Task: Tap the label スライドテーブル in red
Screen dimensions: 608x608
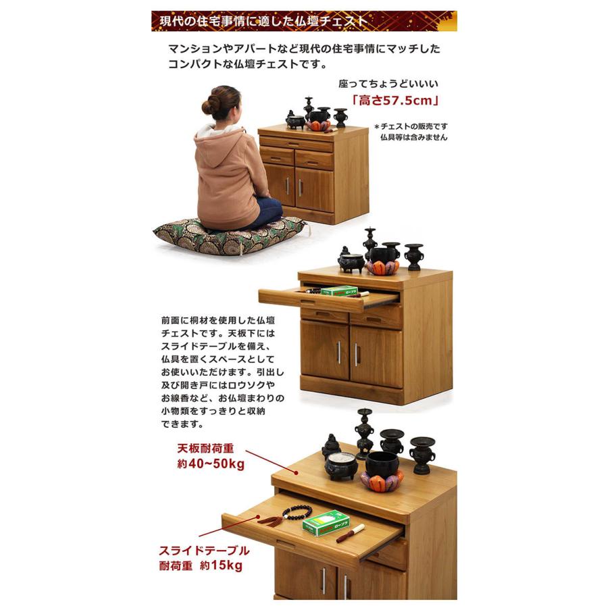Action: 203,550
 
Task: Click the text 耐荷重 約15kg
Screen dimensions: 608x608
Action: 200,566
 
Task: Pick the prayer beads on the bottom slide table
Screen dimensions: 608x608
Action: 290,514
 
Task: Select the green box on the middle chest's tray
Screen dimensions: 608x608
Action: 339,291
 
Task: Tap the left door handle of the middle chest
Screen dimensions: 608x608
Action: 338,352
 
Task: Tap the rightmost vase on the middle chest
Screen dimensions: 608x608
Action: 413,256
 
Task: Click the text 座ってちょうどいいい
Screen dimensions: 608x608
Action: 388,84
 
